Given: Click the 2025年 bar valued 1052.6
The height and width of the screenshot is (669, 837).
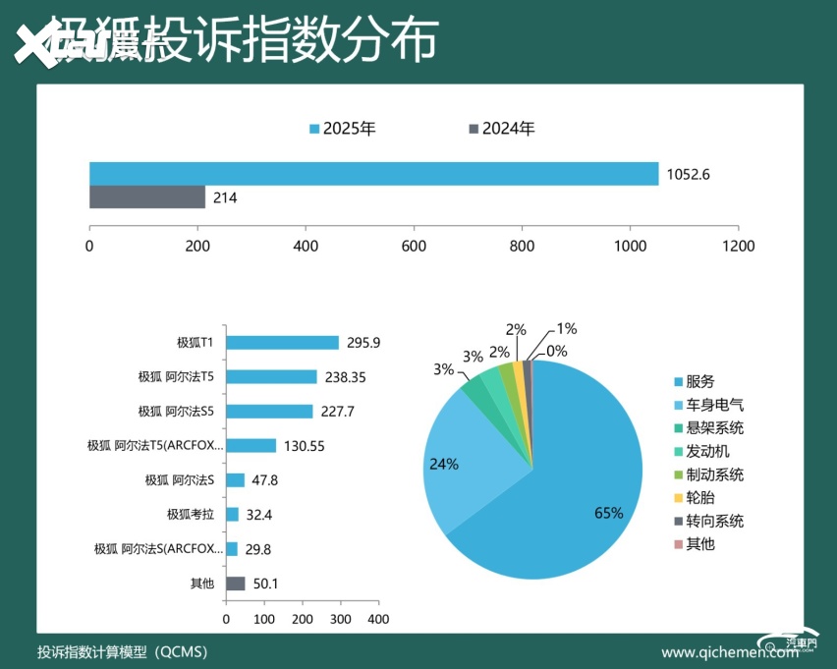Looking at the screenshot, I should click(373, 174).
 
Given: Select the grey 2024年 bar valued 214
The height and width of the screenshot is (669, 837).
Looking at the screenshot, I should click(147, 197).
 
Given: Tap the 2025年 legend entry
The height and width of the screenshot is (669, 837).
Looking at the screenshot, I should click(343, 129).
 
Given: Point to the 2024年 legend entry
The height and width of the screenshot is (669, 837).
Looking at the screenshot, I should click(502, 129).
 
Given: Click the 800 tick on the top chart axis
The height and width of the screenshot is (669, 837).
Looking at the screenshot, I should click(522, 246).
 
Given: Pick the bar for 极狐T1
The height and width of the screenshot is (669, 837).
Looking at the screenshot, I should click(282, 343).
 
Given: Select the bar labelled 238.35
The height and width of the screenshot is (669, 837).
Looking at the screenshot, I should click(271, 377).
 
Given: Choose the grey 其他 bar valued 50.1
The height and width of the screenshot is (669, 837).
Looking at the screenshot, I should click(236, 584).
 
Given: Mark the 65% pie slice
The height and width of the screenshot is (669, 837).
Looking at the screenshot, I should click(570, 491).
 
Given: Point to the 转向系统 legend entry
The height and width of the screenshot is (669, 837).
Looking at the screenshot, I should click(707, 521).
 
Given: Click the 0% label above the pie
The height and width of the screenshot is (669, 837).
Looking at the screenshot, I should click(557, 351).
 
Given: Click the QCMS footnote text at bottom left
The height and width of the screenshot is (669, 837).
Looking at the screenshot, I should click(122, 651).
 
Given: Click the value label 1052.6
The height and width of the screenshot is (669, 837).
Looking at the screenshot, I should click(688, 175).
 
